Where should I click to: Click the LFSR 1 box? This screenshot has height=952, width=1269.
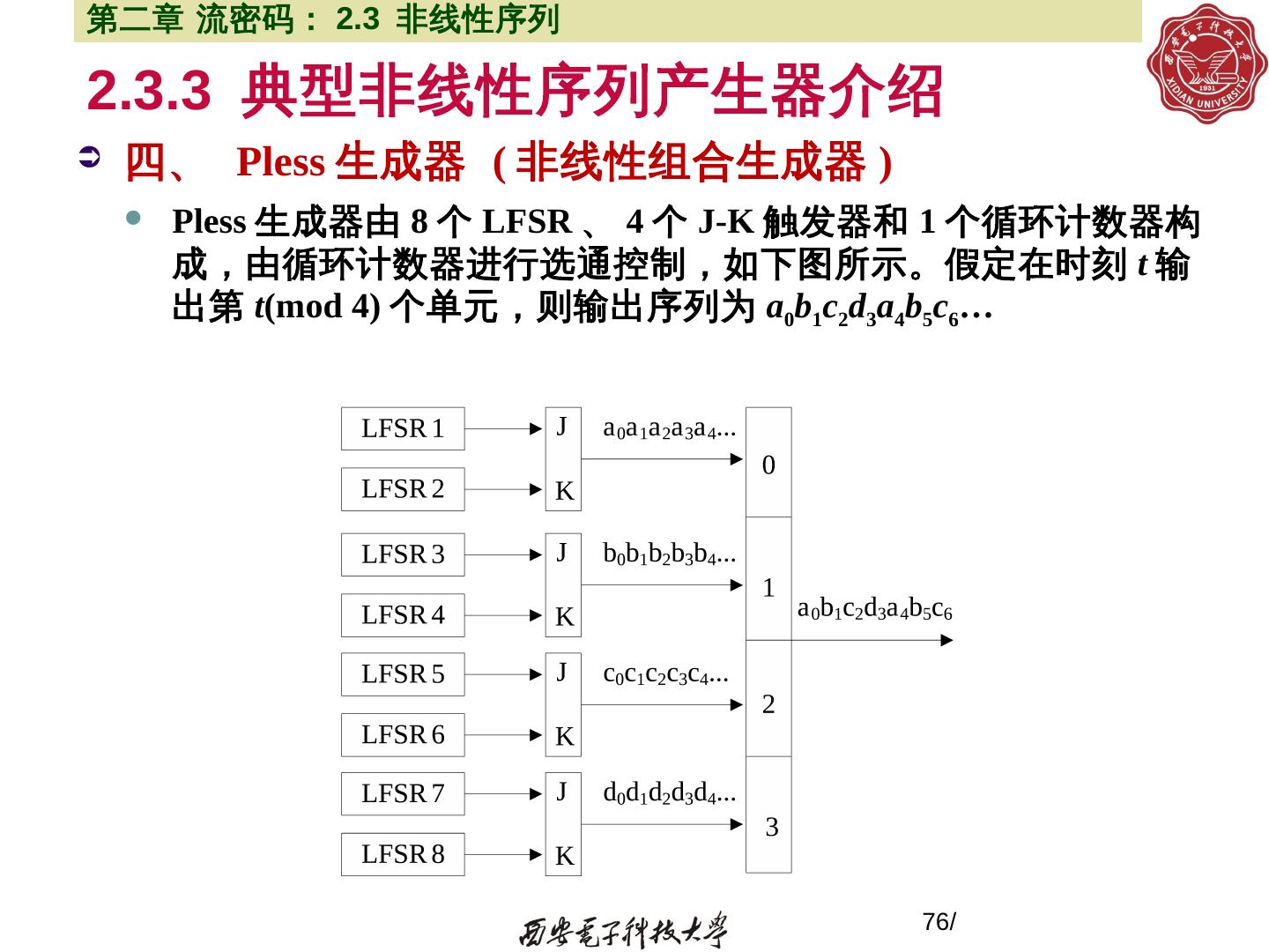tap(403, 428)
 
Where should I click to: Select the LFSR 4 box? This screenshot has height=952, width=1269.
tap(403, 614)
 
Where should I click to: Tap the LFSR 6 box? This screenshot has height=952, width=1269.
tap(403, 734)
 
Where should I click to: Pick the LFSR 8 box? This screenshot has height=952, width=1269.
tap(403, 854)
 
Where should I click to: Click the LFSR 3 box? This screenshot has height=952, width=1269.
tap(403, 554)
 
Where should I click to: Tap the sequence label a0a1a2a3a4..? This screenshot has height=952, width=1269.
tap(669, 429)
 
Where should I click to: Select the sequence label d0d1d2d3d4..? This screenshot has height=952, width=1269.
tap(669, 793)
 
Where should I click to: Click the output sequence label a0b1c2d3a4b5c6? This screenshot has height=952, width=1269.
tap(874, 608)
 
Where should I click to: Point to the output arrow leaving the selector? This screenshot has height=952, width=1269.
tap(872, 640)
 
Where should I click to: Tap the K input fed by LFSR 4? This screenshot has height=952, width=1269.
tap(564, 617)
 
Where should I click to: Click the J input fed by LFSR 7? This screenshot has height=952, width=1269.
tap(562, 790)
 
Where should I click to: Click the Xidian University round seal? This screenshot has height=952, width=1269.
tap(1203, 63)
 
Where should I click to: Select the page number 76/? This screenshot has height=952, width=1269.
tap(939, 922)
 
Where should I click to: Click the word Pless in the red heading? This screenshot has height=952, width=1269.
tap(280, 163)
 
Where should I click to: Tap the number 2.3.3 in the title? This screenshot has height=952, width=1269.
tap(149, 90)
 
